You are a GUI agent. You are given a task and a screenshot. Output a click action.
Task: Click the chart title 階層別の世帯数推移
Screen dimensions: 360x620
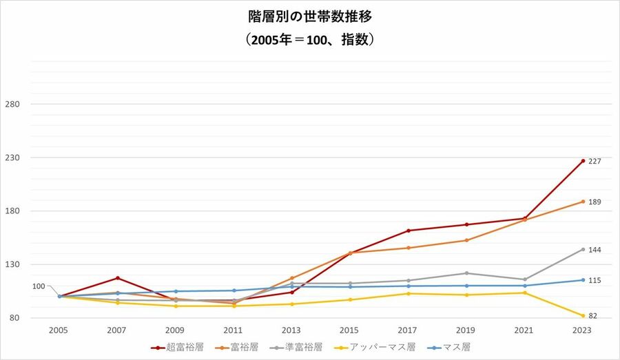[x=309, y=16]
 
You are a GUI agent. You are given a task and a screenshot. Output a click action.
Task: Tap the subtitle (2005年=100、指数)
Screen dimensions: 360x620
[x=309, y=40]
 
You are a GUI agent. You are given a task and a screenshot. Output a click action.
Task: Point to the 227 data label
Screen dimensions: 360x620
[x=595, y=161]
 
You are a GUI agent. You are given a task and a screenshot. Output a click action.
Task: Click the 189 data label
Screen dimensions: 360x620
[x=595, y=202]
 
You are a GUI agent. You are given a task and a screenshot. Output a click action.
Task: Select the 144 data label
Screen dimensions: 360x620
[x=595, y=249]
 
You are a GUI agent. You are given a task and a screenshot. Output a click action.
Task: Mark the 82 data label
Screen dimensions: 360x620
[x=592, y=316]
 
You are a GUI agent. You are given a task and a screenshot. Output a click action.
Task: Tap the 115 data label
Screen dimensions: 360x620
[x=595, y=280]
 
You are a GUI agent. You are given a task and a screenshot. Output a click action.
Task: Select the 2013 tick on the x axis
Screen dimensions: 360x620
[x=292, y=330]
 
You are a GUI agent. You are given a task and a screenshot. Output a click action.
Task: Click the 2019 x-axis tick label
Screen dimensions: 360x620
[x=466, y=330]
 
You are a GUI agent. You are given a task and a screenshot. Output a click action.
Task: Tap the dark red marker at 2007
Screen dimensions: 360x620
[x=118, y=278]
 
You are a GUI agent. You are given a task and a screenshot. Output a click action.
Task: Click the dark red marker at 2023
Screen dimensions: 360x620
[x=583, y=161]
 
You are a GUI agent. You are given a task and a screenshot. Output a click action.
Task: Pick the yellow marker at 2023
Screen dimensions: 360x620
[x=583, y=316]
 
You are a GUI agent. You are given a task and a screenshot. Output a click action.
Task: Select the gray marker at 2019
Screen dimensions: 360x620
[x=466, y=273]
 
